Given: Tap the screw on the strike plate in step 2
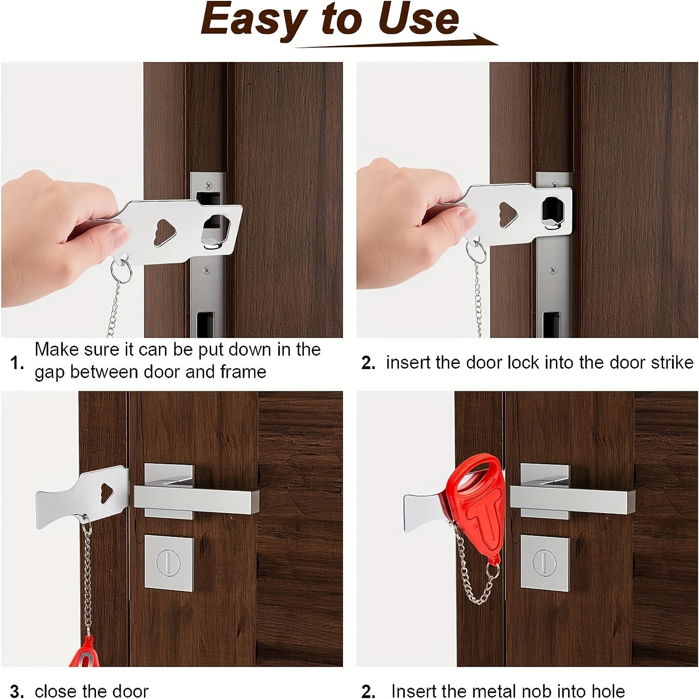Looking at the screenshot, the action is coord(553,269).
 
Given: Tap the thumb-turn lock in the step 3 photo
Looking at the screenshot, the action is coord(169,563).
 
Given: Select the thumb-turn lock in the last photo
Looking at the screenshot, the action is coord(545,563).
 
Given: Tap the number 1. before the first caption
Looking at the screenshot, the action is coord(17,363).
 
